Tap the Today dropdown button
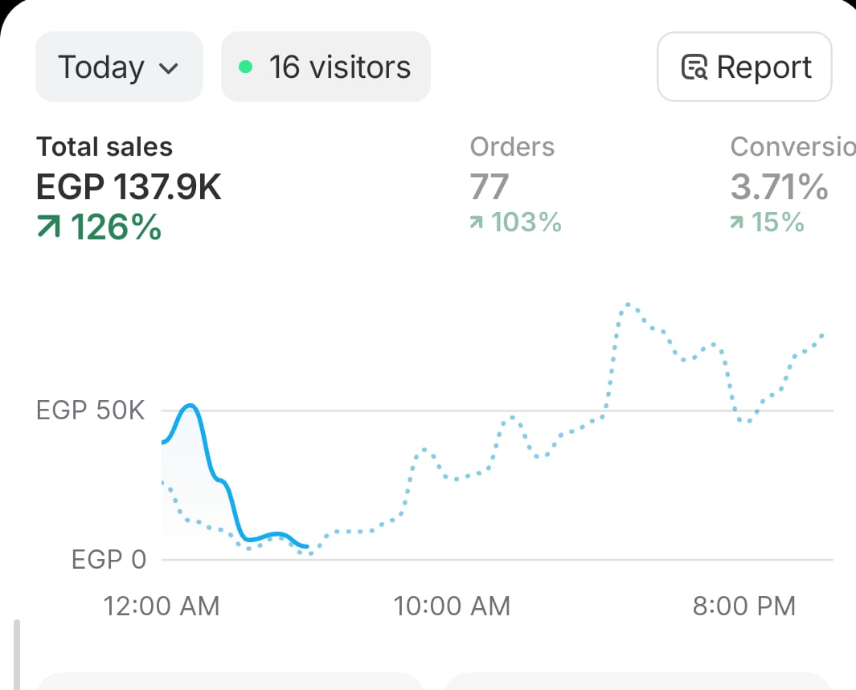tap(118, 67)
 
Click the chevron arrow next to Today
tap(169, 68)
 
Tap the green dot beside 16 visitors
tap(246, 67)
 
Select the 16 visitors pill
tap(326, 67)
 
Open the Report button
tap(744, 67)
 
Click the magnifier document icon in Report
tap(694, 68)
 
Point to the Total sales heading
tap(104, 147)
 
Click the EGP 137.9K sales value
tap(129, 187)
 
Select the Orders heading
tap(512, 147)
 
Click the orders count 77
tap(489, 187)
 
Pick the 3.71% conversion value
tap(779, 187)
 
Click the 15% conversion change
tap(777, 223)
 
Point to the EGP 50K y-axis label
tap(91, 411)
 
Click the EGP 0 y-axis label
tap(109, 560)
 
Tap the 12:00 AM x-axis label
tap(162, 606)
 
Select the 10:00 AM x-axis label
tap(452, 606)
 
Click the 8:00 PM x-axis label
tap(744, 606)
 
